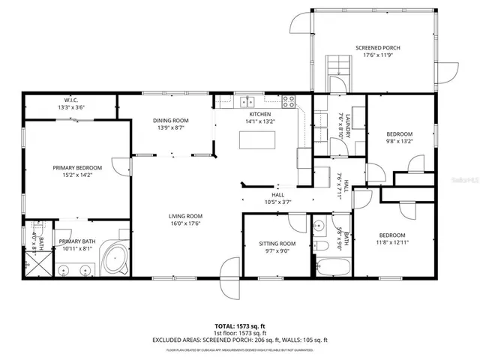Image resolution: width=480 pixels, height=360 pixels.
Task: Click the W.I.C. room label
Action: pos(71,100)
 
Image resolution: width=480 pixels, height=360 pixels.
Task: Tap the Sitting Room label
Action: pos(277,244)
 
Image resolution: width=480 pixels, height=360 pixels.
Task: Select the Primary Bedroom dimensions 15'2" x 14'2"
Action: pos(72,175)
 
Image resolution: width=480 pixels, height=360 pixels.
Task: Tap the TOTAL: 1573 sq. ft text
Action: pos(239,326)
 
